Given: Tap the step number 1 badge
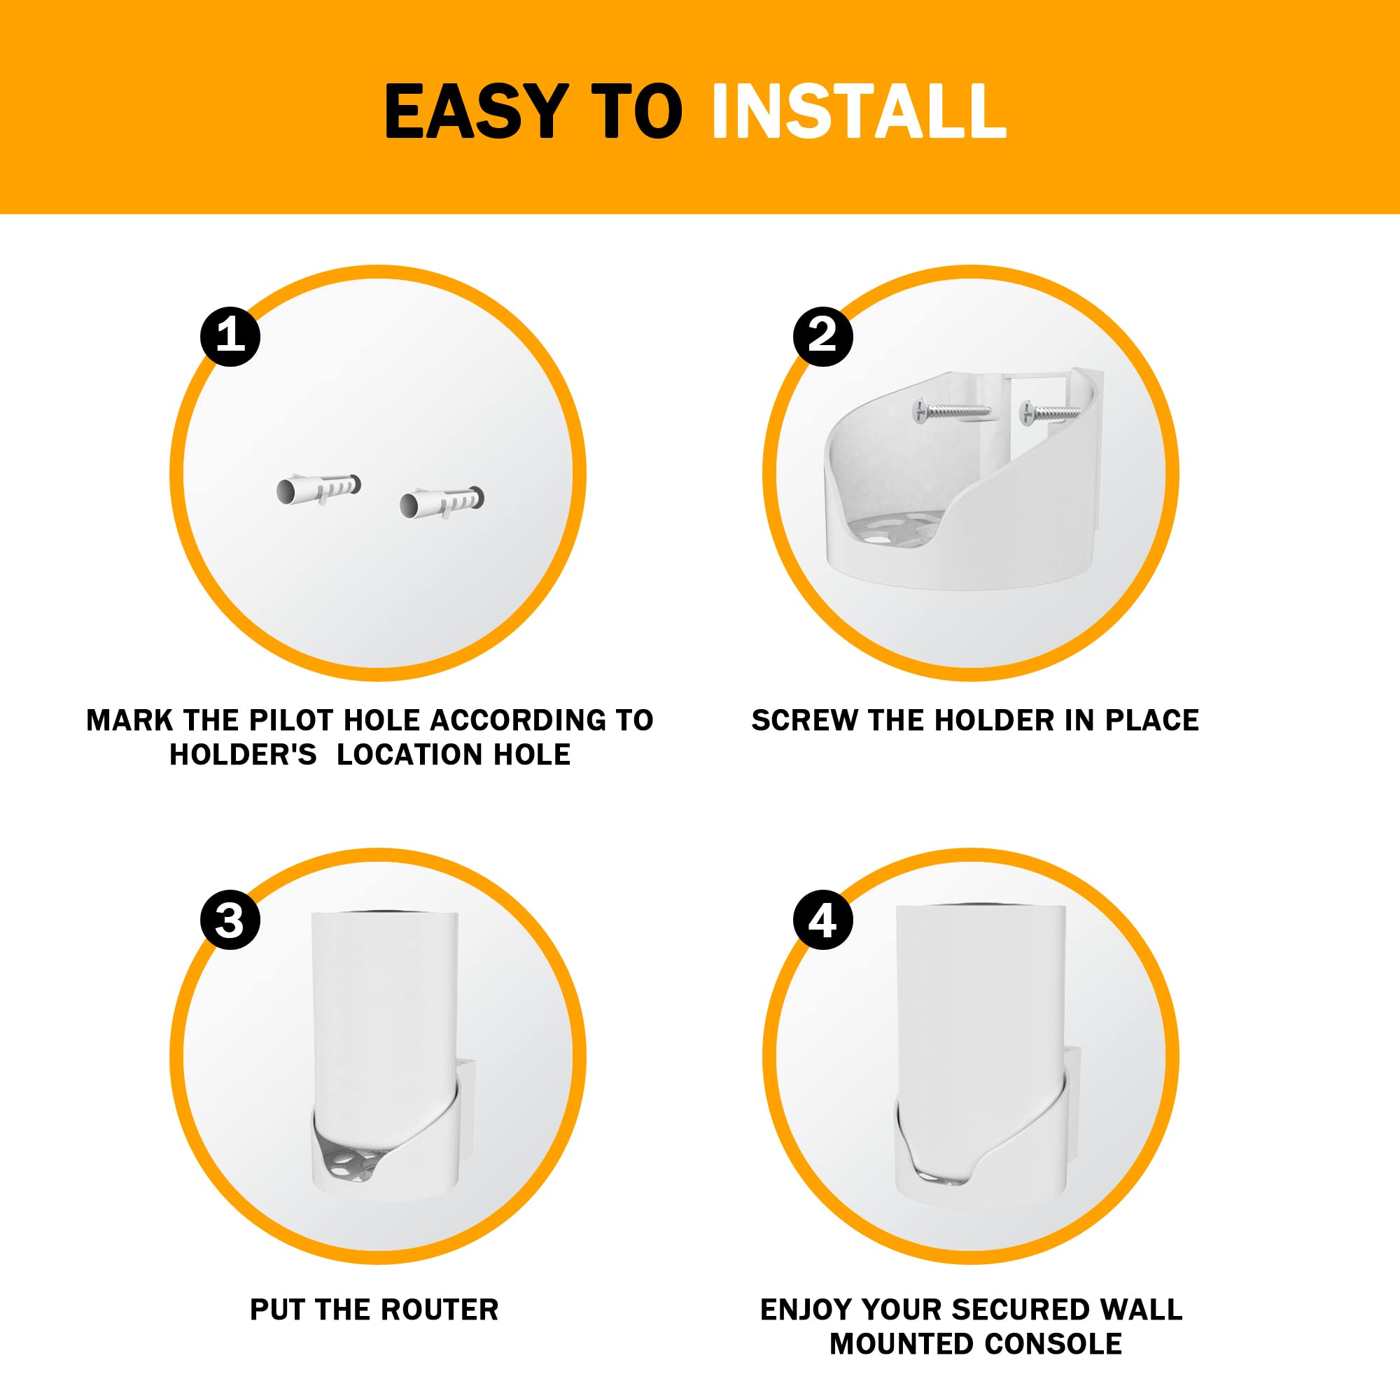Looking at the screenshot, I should pyautogui.click(x=230, y=336).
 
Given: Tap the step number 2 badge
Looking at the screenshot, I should pyautogui.click(x=822, y=336).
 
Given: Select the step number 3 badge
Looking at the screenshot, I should pyautogui.click(x=230, y=920).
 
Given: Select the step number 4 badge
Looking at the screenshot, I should pyautogui.click(x=822, y=920).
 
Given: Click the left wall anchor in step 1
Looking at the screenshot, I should pyautogui.click(x=318, y=489).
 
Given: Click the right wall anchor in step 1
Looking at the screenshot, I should pyautogui.click(x=441, y=502).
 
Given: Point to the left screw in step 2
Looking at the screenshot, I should pyautogui.click(x=951, y=411).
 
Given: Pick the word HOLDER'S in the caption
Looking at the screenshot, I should pyautogui.click(x=243, y=755).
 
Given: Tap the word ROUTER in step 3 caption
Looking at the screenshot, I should pyautogui.click(x=439, y=1310).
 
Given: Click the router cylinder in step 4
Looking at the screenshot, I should pyautogui.click(x=980, y=1014).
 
